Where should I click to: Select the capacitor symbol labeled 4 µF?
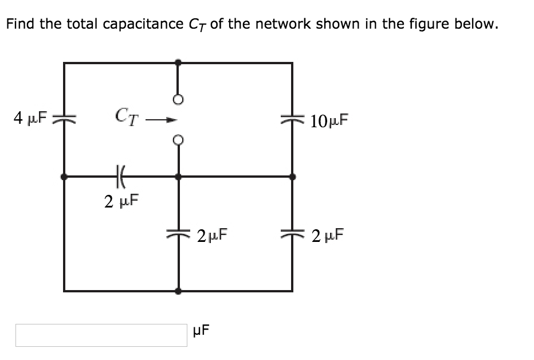pyautogui.click(x=64, y=119)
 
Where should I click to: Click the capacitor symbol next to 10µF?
pyautogui.click(x=292, y=119)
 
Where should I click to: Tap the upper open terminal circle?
pyautogui.click(x=178, y=99)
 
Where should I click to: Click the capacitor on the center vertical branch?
pyautogui.click(x=178, y=234)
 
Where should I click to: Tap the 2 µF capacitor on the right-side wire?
pyautogui.click(x=292, y=234)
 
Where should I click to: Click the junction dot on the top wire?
pyautogui.click(x=178, y=62)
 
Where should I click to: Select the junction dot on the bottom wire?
pyautogui.click(x=178, y=291)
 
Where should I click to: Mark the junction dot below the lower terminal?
pyautogui.click(x=178, y=177)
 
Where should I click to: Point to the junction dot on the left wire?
pyautogui.click(x=64, y=177)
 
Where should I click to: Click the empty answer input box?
pyautogui.click(x=101, y=335)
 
